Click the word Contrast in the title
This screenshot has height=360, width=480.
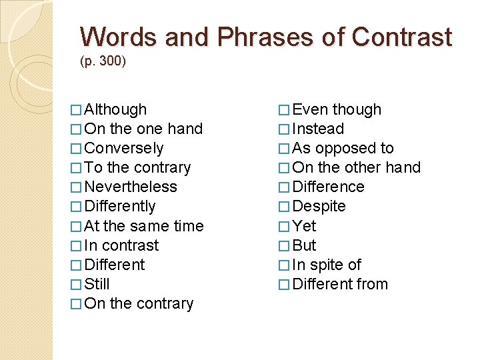[402, 37]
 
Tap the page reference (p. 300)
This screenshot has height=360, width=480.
[103, 61]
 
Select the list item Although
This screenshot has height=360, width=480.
[116, 109]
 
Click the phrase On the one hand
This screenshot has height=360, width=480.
[143, 129]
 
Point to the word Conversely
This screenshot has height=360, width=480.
[124, 148]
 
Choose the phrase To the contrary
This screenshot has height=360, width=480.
[137, 167]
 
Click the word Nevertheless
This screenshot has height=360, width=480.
[131, 187]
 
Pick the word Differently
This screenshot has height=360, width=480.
[120, 206]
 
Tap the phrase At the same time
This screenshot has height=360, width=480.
[144, 226]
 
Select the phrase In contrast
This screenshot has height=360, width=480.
[122, 245]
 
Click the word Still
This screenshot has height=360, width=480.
[97, 284]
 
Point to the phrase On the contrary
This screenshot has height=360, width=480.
[139, 303]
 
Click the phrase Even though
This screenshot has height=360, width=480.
[337, 109]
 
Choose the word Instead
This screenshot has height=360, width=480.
[318, 129]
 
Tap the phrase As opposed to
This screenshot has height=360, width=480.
[343, 148]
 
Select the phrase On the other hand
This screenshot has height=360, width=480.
[356, 167]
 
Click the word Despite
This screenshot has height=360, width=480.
[319, 206]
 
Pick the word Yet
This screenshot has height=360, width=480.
[304, 226]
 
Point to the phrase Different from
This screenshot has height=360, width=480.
[340, 284]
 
